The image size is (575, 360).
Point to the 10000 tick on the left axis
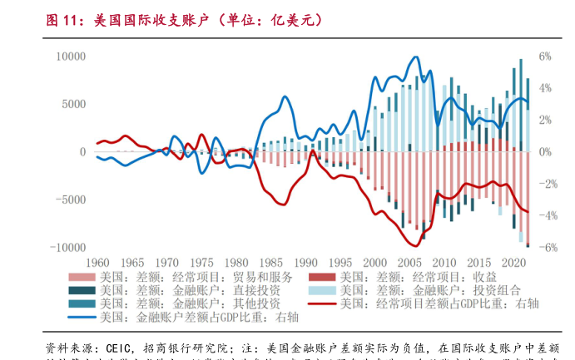71,57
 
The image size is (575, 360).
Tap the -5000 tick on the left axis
71,200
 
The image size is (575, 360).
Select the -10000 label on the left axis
68,248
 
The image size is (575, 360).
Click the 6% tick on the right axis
545,57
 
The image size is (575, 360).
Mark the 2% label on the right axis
545,121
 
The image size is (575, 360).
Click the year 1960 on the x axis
98,261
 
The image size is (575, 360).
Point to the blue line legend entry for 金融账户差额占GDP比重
191,317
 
